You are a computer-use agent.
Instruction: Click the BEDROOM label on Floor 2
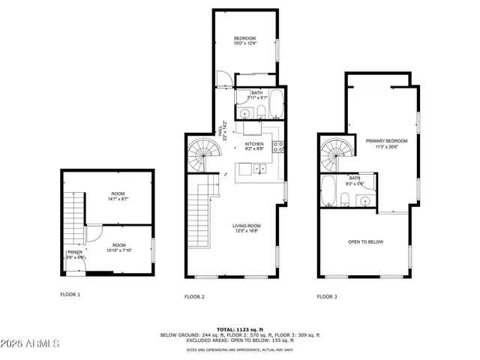click(x=244, y=38)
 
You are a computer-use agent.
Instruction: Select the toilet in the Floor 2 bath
click(x=259, y=112)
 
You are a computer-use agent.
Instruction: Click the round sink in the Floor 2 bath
click(x=245, y=112)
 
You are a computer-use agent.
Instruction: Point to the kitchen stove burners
click(x=277, y=146)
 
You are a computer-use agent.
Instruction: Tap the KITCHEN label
click(x=255, y=144)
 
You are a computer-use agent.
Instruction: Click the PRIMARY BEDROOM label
click(x=386, y=141)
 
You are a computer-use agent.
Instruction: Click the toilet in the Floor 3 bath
click(x=344, y=199)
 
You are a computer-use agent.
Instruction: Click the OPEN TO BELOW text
click(x=365, y=241)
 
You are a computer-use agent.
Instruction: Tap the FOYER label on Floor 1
click(x=75, y=252)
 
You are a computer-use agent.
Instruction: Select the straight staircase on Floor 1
click(x=72, y=217)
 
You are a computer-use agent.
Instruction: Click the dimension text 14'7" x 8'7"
click(x=119, y=199)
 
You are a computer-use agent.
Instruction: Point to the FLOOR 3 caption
click(x=326, y=296)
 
